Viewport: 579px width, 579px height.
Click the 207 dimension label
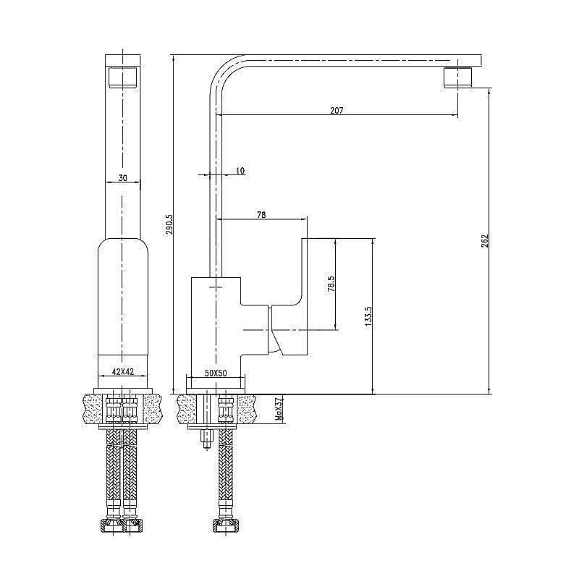coord(336,111)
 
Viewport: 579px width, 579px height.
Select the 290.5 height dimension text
coord(169,224)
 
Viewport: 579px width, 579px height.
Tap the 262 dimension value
coord(486,240)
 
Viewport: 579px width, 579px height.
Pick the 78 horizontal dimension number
coord(261,214)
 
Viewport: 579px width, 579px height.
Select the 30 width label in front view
coord(123,178)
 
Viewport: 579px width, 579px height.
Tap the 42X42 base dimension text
coord(122,372)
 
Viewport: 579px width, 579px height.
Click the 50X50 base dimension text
coord(216,372)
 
